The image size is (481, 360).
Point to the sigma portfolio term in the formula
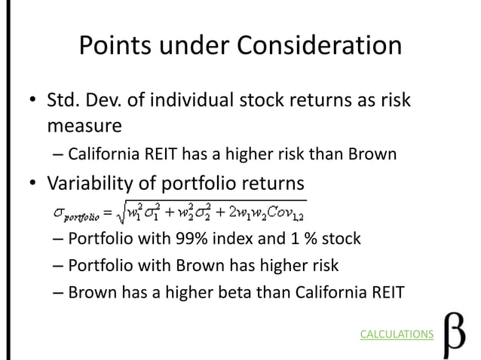[74, 215]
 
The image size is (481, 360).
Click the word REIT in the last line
[388, 291]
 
